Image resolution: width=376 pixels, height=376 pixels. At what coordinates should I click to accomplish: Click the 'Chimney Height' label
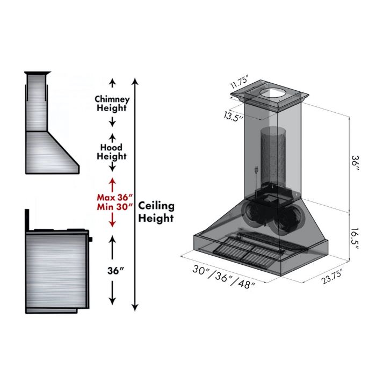point(112,104)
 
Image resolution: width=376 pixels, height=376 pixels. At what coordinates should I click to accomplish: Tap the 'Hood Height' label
point(112,152)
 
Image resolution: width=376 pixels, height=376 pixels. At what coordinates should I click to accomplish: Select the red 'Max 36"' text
point(112,197)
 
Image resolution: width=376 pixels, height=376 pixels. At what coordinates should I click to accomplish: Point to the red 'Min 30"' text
point(112,207)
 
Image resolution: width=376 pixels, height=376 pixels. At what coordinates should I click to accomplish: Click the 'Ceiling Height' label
point(156,212)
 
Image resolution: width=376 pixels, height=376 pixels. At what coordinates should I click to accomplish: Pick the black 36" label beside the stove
point(112,270)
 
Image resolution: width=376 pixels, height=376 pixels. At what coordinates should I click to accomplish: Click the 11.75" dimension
point(242,84)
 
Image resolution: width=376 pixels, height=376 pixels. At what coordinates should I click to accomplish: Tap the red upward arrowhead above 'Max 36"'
point(112,183)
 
